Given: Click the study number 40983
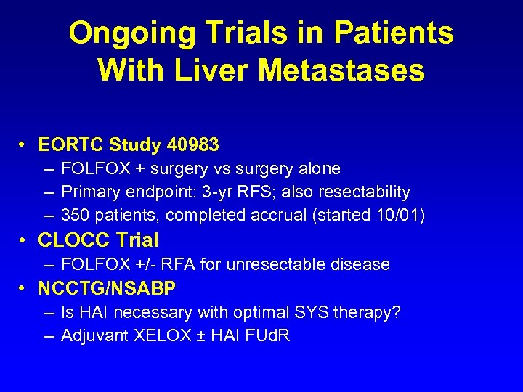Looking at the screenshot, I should tap(192, 145).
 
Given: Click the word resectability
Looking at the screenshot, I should tap(363, 192).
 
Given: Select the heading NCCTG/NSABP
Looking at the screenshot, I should tap(107, 289).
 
